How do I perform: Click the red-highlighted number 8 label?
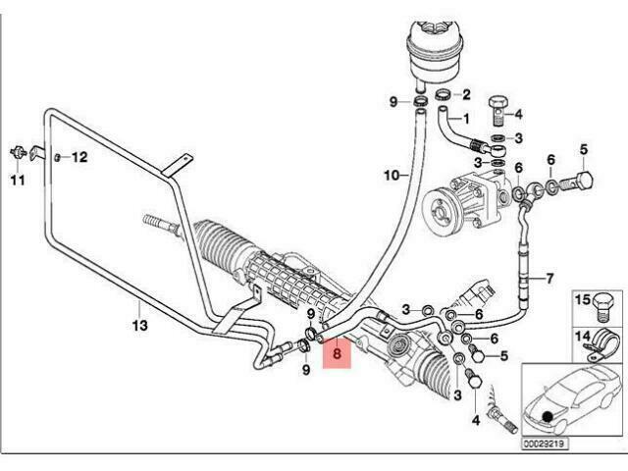click(337, 353)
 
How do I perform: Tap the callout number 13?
click(139, 325)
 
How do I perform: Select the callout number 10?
click(392, 176)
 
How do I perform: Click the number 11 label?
click(18, 181)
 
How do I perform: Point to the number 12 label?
click(79, 157)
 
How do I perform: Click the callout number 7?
click(549, 278)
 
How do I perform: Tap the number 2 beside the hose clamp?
click(466, 95)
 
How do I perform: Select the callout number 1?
click(465, 119)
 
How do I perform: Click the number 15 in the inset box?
click(583, 299)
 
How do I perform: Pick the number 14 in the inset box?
click(583, 336)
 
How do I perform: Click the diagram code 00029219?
click(545, 444)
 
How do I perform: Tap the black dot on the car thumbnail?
click(548, 416)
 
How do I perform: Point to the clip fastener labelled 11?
click(19, 153)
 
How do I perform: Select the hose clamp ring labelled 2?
click(445, 96)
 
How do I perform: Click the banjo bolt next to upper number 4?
click(497, 111)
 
